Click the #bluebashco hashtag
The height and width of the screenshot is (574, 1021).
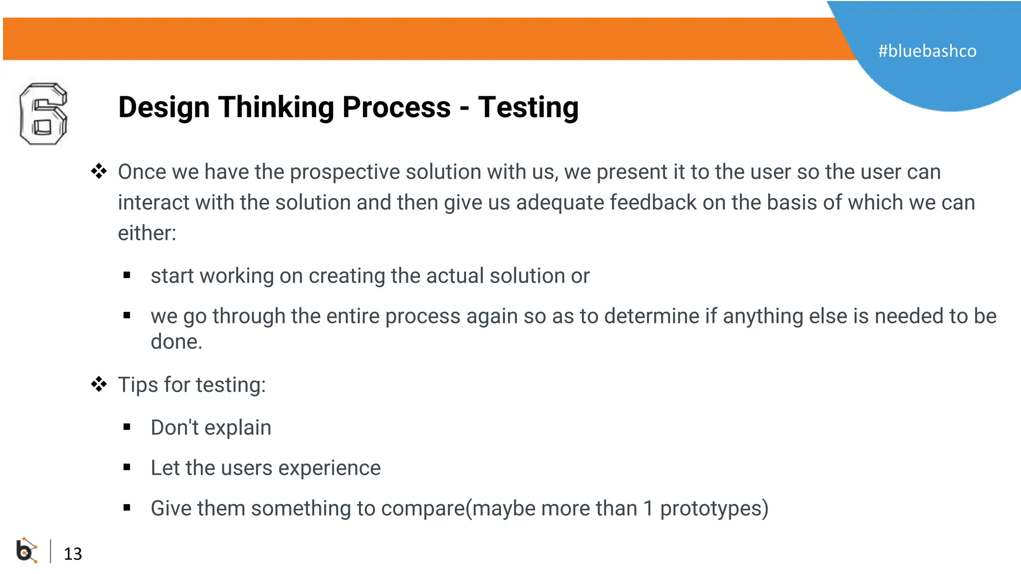coord(927,51)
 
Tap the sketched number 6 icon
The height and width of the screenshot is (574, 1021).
coord(43,114)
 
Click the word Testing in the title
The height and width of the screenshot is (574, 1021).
coord(528,108)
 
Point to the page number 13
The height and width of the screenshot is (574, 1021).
coord(73,554)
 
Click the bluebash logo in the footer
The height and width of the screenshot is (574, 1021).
coord(26,551)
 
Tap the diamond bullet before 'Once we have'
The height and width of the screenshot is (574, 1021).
coord(99,171)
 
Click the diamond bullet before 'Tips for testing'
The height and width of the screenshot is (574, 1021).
coord(99,384)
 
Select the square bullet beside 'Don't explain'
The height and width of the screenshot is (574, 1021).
coord(127,427)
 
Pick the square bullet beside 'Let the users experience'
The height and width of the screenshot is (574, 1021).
coord(127,467)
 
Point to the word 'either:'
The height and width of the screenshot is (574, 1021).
coord(147,233)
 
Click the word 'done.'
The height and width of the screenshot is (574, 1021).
coord(176,342)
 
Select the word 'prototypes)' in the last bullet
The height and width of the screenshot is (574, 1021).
coord(714,509)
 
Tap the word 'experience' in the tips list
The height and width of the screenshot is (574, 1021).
coord(330,468)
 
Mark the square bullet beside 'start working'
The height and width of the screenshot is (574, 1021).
coord(127,275)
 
